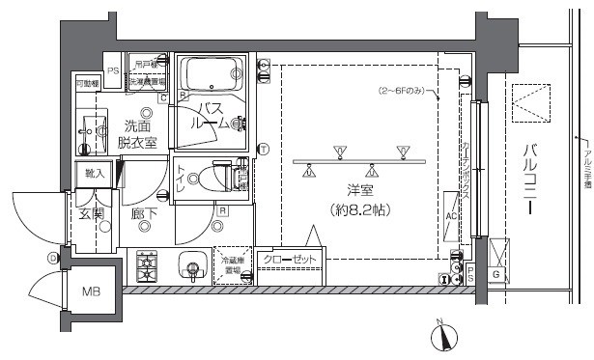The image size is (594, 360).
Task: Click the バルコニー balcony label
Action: [531, 179]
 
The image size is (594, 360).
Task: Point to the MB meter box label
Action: [89, 291]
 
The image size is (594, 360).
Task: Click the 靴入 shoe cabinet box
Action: [96, 174]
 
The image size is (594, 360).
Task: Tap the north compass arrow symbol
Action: [444, 338]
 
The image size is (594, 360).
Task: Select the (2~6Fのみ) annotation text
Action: [403, 92]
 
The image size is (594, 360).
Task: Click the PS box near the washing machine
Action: [113, 69]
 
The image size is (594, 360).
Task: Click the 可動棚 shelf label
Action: [88, 84]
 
